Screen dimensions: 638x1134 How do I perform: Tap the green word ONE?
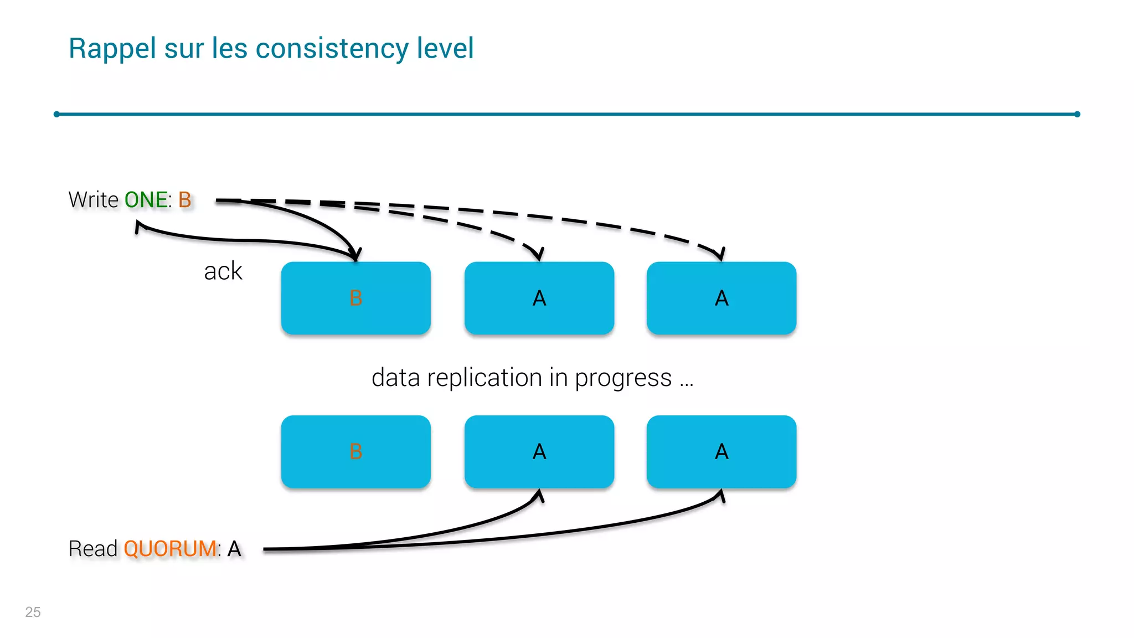tap(146, 200)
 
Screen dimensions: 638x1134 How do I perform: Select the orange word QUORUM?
tap(170, 549)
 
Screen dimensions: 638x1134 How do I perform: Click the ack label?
tap(223, 271)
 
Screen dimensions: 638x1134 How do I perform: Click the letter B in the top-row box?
tap(355, 299)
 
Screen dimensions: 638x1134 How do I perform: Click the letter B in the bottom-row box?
tap(355, 452)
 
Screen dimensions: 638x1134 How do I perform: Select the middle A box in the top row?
tap(539, 299)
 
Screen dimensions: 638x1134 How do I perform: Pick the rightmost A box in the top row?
tap(721, 299)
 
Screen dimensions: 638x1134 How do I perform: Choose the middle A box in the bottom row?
tap(539, 452)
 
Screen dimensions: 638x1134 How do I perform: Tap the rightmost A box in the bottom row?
tap(721, 452)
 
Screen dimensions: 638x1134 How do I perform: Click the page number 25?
tap(33, 612)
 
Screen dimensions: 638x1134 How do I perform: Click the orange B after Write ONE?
tap(184, 200)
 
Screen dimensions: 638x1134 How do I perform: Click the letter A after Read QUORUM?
tap(234, 549)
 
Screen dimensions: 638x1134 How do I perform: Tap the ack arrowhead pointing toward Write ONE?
tap(138, 225)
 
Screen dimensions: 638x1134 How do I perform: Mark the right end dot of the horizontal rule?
tap(1077, 114)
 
